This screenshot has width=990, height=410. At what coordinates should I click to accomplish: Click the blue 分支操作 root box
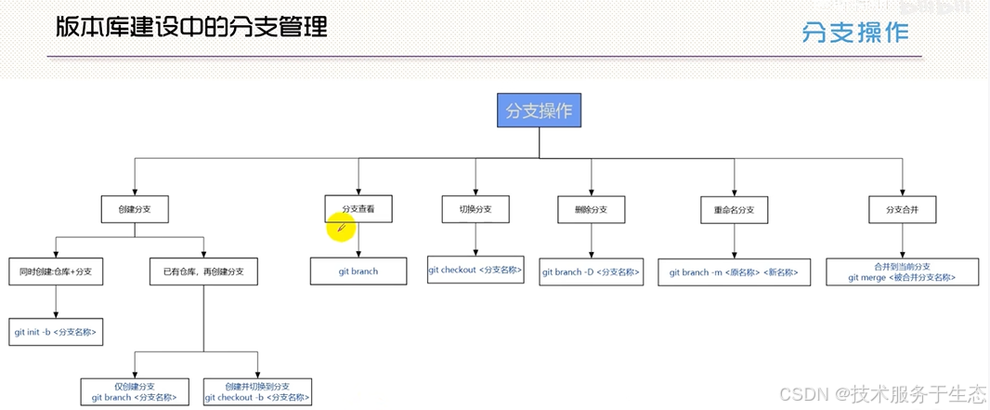click(x=539, y=112)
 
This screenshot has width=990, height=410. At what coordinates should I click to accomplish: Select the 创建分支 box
click(x=135, y=209)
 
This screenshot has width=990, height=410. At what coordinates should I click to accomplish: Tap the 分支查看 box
click(x=358, y=209)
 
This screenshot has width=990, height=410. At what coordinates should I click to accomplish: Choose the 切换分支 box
click(x=475, y=209)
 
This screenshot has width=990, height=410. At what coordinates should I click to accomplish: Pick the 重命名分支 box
click(x=735, y=210)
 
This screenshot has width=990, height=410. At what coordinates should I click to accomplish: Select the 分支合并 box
click(x=901, y=210)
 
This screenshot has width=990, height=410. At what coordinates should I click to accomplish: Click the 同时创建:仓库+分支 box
click(x=55, y=271)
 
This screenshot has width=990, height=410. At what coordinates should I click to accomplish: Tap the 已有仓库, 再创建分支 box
click(x=203, y=271)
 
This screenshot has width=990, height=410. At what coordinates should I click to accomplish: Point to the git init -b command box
click(x=56, y=331)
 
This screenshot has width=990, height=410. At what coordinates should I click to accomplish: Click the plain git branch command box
click(x=358, y=271)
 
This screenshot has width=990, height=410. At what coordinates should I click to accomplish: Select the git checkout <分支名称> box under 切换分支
click(x=475, y=270)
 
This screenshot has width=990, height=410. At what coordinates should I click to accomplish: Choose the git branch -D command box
click(x=592, y=271)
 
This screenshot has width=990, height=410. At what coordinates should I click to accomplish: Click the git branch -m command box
click(x=734, y=271)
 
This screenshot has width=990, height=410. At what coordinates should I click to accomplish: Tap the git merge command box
click(x=901, y=271)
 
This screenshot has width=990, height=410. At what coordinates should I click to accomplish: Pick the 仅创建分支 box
click(x=135, y=391)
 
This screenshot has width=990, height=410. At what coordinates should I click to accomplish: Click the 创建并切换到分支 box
click(x=257, y=391)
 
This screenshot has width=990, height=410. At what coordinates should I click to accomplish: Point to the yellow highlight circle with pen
click(x=341, y=226)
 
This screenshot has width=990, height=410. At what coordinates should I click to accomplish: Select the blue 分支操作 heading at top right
click(x=855, y=33)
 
